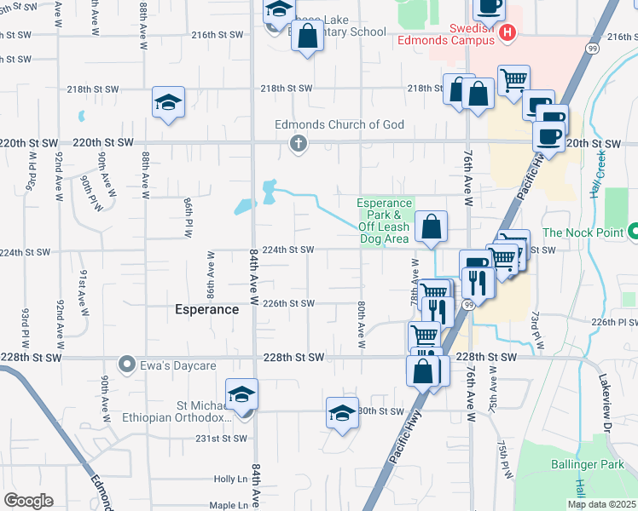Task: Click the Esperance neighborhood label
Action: pos(207,309)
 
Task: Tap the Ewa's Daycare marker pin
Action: pos(127,365)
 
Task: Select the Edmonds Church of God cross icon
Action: pos(298,143)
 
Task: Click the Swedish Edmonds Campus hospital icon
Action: pos(507,34)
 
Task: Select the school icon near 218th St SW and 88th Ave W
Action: pos(169,103)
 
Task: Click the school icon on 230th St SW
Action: pos(342,413)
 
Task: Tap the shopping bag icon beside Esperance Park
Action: pos(432,227)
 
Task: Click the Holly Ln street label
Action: pos(230,479)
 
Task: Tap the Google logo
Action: pos(28,501)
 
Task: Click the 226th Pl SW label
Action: pos(615,323)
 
